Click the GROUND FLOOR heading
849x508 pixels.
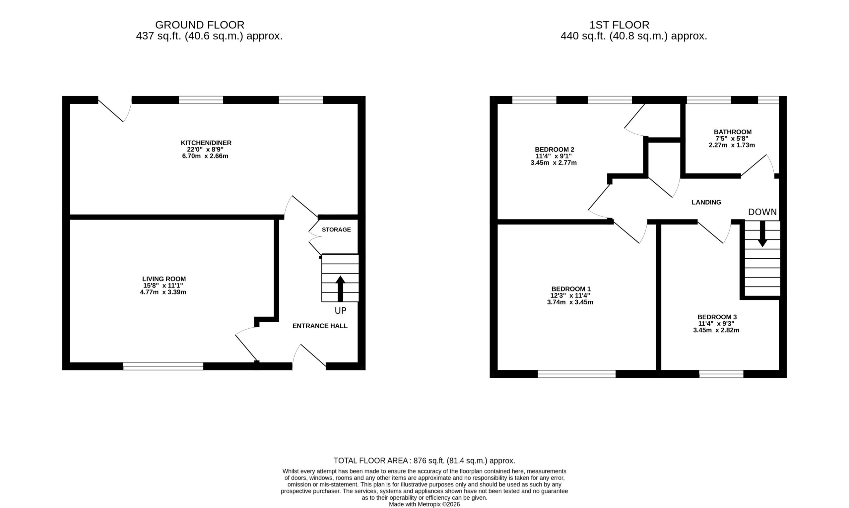click(200, 25)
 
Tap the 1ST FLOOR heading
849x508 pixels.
click(619, 25)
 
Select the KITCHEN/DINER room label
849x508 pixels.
click(206, 143)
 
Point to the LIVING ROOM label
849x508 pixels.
click(164, 279)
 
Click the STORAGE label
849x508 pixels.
click(336, 229)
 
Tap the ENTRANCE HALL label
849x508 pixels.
click(320, 326)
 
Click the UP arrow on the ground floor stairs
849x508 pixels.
click(340, 288)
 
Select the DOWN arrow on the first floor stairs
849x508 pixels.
click(762, 234)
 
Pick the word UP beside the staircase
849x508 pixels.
click(340, 310)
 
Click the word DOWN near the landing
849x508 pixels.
click(762, 212)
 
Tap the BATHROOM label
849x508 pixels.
click(733, 132)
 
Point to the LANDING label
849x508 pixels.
click(706, 202)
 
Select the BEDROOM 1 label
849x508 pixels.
click(571, 289)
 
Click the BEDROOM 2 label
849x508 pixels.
click(554, 149)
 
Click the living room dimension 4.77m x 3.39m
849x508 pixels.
click(163, 292)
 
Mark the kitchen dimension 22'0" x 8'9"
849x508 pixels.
click(205, 149)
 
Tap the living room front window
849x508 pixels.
click(163, 366)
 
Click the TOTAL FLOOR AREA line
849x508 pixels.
click(424, 461)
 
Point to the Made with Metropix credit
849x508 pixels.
click(424, 504)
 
